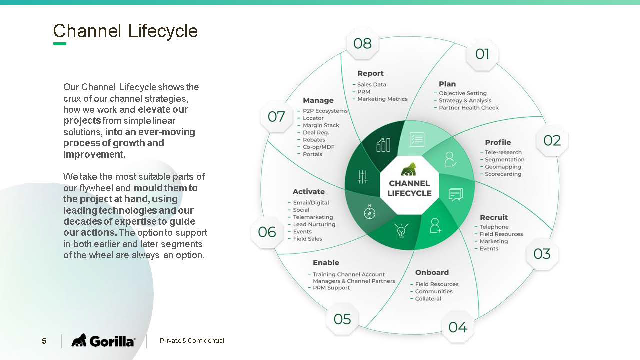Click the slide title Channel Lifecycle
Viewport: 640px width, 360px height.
[125, 31]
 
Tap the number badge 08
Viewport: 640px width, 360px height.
[362, 44]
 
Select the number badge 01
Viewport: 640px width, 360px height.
[482, 54]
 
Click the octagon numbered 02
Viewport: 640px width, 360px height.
[552, 140]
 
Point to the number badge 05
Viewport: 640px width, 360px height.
[342, 319]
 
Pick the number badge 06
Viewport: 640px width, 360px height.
[267, 232]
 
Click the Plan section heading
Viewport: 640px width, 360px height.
[447, 84]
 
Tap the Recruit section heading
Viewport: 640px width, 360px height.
[494, 217]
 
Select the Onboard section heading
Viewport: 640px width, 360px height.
[432, 272]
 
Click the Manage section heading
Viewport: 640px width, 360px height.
[318, 100]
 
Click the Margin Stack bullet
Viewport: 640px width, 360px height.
[321, 125]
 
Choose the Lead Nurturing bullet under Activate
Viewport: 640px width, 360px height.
[314, 224]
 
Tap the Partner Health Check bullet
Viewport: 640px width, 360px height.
[469, 108]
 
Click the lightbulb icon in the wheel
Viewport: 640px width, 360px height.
[401, 231]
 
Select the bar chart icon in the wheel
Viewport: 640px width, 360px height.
[383, 145]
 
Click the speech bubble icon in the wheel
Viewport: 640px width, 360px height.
[456, 194]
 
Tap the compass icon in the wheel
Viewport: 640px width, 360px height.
[369, 212]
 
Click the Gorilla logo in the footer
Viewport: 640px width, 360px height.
[103, 341]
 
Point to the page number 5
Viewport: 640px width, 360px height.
[44, 341]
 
